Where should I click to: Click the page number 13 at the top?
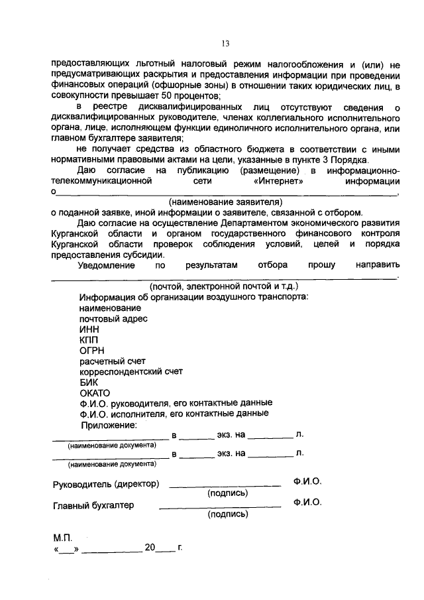225,44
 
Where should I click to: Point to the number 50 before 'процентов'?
167,96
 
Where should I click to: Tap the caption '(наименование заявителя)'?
225,202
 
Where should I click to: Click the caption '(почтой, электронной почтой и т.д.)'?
224,286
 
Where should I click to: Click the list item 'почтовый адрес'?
113,318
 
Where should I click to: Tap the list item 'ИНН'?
88,329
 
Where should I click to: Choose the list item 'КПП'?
88,339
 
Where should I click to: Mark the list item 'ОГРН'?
91,350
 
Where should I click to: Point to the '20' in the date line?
150,549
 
